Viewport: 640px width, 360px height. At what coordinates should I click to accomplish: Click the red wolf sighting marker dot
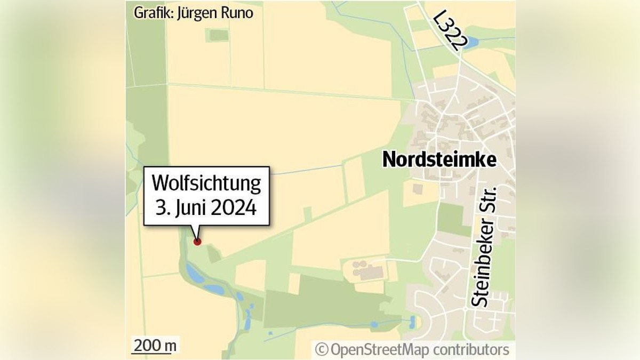coord(197,242)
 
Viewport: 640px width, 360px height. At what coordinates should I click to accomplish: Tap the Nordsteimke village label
coord(439,159)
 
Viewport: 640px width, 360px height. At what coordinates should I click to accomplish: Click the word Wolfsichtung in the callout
coord(206,183)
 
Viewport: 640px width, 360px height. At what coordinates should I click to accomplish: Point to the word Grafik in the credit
coord(151,13)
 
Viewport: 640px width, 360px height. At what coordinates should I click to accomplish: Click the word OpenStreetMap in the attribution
coord(380,350)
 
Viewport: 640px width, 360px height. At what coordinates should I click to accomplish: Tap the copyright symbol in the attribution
coord(321,350)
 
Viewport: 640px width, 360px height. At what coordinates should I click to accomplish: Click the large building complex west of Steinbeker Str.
coord(366,270)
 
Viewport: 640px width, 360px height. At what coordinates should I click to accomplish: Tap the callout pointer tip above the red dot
coord(197,237)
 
